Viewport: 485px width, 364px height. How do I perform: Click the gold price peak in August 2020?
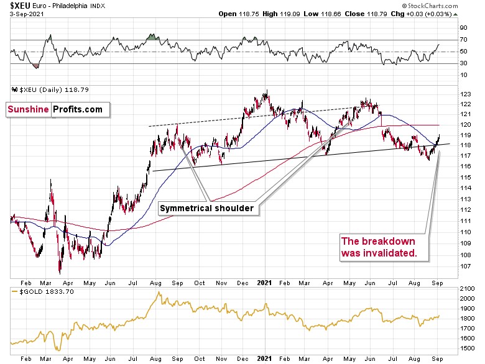pyautogui.click(x=159, y=292)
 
